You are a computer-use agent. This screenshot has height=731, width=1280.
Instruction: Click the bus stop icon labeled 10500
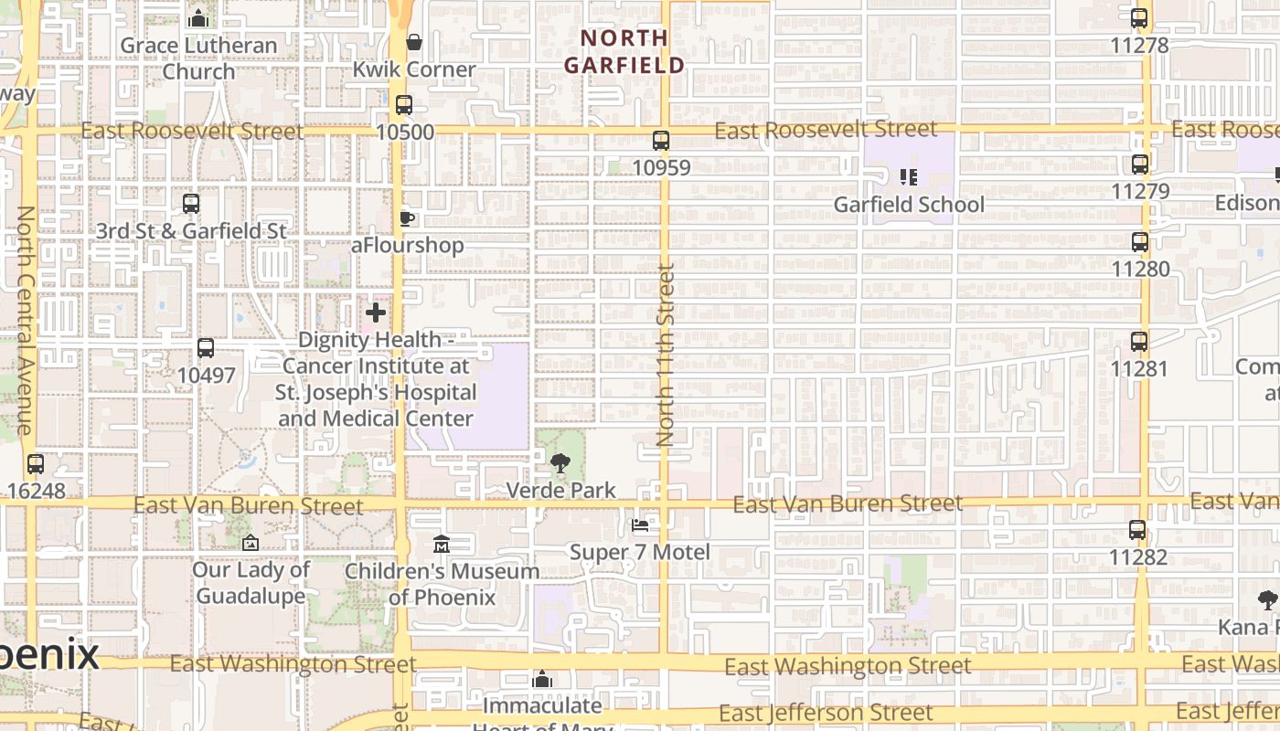[x=404, y=105]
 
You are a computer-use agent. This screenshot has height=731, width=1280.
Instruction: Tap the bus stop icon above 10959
[x=661, y=141]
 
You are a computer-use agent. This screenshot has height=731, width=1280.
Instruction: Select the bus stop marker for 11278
[x=1139, y=18]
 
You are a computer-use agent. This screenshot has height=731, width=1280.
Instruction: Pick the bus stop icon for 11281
[x=1139, y=342]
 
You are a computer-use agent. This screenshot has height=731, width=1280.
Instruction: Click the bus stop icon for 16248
[x=36, y=464]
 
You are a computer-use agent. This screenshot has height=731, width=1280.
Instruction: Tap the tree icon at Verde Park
[x=560, y=463]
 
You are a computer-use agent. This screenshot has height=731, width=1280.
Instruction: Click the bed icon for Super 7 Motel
[x=640, y=525]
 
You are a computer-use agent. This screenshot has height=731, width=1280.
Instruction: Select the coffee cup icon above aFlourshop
[x=407, y=218]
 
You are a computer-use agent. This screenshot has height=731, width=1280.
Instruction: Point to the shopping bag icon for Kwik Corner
[x=414, y=42]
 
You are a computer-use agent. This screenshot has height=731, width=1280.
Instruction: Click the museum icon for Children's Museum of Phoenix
[x=442, y=544]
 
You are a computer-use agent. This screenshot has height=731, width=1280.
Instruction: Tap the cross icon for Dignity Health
[x=376, y=313]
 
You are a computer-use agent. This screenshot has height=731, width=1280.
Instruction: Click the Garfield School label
[x=909, y=205]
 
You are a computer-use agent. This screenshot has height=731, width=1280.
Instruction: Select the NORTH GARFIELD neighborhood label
[x=624, y=51]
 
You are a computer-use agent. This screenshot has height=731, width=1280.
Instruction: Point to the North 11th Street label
[x=665, y=355]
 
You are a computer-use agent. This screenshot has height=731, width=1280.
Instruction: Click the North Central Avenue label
[x=25, y=320]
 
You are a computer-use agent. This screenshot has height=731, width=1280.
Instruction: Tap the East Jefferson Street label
[x=826, y=713]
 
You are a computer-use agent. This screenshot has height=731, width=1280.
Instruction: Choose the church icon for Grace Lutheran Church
[x=198, y=18]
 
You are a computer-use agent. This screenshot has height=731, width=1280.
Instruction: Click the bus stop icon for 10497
[x=206, y=348]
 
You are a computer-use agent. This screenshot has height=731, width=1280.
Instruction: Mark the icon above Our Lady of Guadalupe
[x=250, y=544]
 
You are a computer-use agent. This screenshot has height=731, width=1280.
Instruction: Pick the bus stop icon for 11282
[x=1137, y=530]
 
